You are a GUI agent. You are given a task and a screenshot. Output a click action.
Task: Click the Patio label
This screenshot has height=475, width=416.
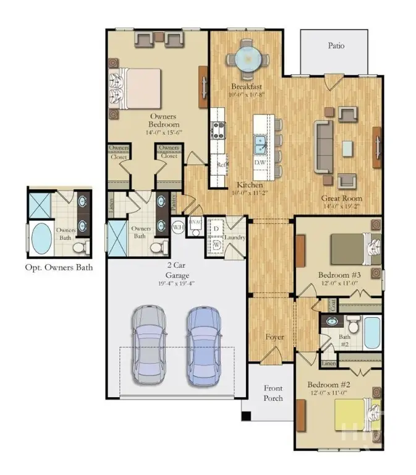(x=337, y=46)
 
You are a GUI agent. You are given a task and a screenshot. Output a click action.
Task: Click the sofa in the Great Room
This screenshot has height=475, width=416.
(x=323, y=146)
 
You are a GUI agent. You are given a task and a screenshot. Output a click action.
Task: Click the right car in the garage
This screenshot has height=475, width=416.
(x=204, y=343)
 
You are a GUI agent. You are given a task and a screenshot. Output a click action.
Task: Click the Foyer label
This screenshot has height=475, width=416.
(x=275, y=337)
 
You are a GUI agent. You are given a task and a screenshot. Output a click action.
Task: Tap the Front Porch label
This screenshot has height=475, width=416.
(x=273, y=393)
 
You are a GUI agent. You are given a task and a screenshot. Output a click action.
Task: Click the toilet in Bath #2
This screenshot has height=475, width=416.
(x=352, y=324)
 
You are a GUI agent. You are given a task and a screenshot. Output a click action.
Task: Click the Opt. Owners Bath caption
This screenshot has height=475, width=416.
(x=58, y=267)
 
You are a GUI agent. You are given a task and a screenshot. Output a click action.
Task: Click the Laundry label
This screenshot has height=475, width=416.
(x=236, y=237)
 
